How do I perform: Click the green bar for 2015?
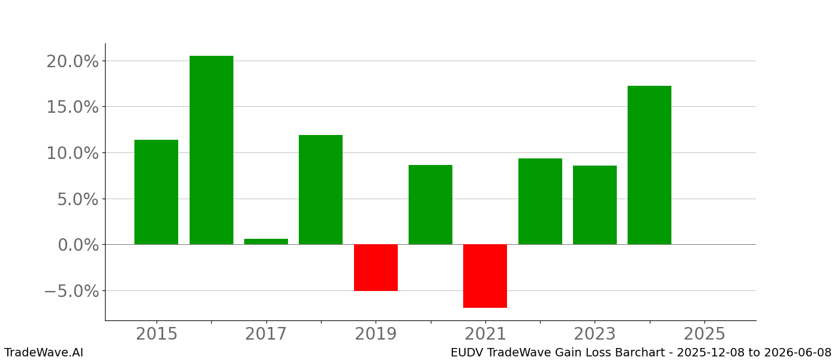tap(156, 192)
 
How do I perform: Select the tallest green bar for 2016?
tap(211, 150)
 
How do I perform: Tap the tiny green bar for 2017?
tap(266, 241)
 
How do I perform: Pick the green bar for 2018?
tap(320, 190)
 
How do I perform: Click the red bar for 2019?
tap(376, 268)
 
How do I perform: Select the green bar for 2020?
tap(430, 205)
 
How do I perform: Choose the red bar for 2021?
tap(485, 276)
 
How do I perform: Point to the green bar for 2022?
tap(540, 202)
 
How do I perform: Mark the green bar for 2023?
tap(595, 205)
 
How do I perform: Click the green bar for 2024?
tap(649, 165)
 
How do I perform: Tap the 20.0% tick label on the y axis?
tap(73, 61)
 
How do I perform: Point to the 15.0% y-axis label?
tap(73, 107)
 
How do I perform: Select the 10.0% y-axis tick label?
tap(73, 153)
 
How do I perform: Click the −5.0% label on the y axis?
tap(71, 291)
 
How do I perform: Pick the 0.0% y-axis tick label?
tap(78, 245)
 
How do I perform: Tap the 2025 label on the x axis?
tap(704, 334)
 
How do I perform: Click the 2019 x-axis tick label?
tap(376, 334)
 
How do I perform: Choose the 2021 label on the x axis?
tap(485, 334)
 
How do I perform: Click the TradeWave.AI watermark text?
tap(44, 353)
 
